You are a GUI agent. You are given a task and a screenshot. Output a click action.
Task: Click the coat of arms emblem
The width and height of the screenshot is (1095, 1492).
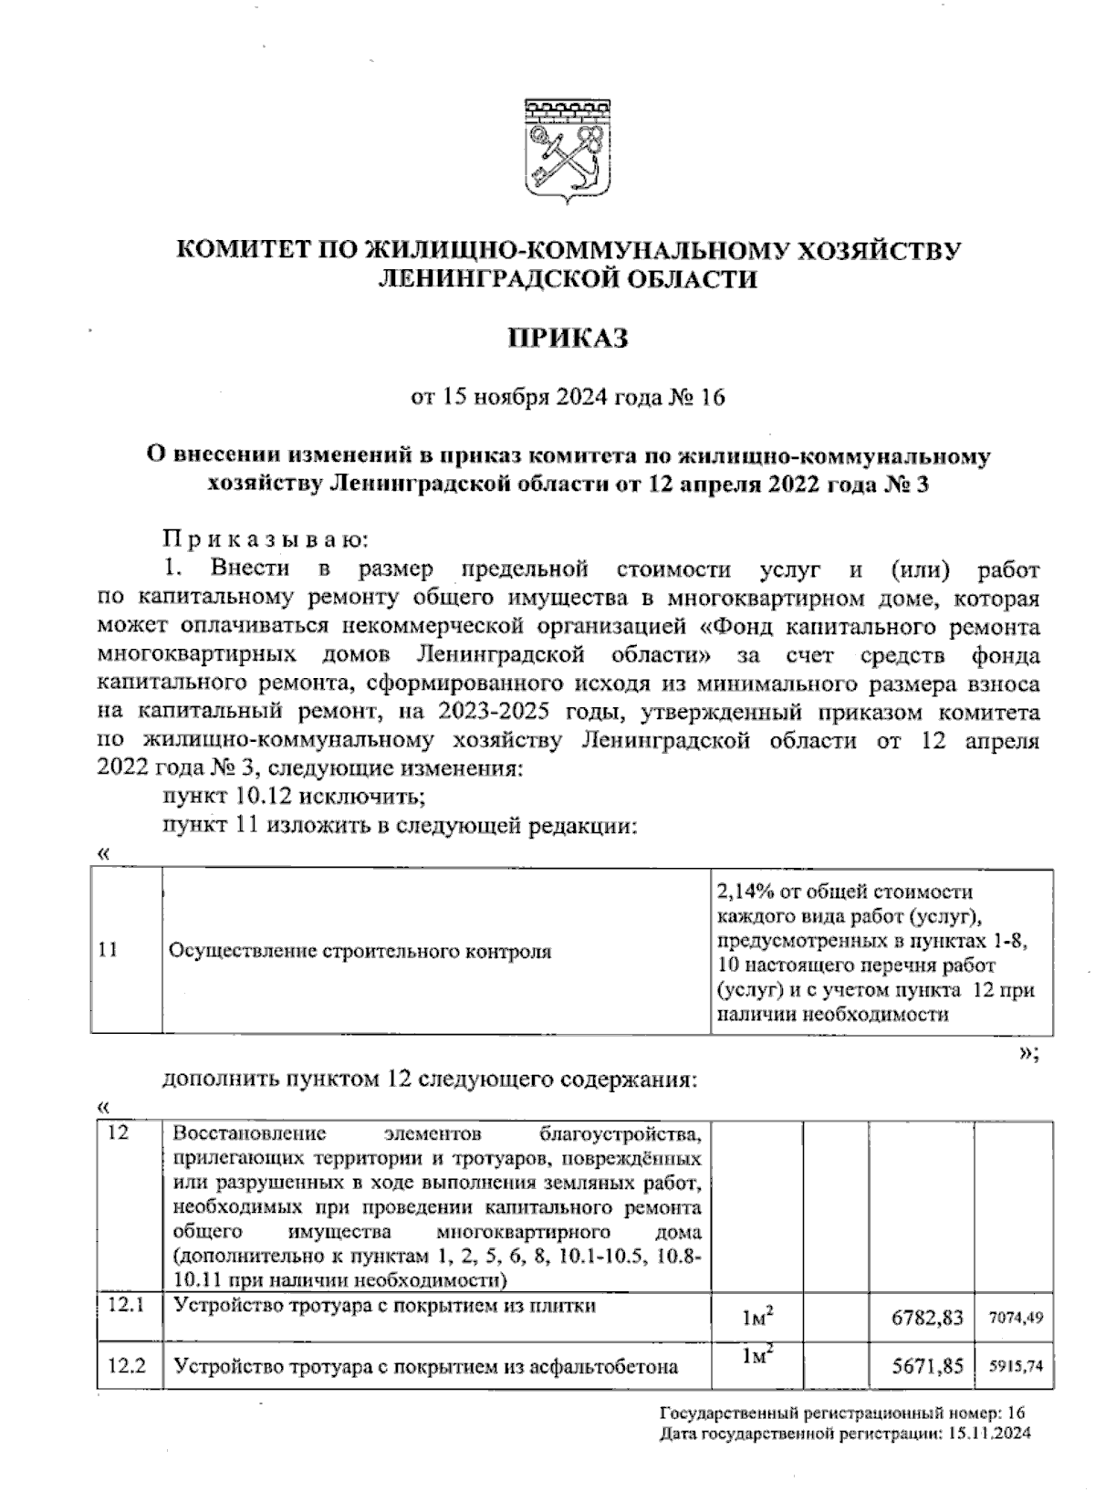(x=566, y=151)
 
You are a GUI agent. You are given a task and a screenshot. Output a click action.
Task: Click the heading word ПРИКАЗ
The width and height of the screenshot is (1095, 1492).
(x=568, y=339)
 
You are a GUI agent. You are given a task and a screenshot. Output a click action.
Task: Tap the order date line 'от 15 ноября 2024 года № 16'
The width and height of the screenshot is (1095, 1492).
(x=568, y=398)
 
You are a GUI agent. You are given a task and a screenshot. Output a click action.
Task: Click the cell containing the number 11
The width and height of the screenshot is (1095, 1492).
(x=108, y=950)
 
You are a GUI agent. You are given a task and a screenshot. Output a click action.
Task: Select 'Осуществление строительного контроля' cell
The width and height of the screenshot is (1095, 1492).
(x=360, y=951)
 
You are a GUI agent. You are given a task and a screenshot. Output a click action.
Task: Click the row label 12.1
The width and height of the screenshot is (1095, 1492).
(x=126, y=1306)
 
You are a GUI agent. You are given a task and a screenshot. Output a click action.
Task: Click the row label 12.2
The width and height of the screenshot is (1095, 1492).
(x=126, y=1366)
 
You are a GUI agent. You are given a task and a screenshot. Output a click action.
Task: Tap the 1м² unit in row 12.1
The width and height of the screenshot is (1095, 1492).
(x=757, y=1317)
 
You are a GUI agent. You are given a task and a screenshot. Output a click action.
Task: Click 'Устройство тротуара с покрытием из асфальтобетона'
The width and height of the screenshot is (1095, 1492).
(x=425, y=1366)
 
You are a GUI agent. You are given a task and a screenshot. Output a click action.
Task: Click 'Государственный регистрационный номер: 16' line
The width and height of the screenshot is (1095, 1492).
(x=842, y=1414)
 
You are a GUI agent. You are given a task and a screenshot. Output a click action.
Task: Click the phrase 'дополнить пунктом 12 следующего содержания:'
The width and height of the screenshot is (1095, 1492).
(x=430, y=1080)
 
